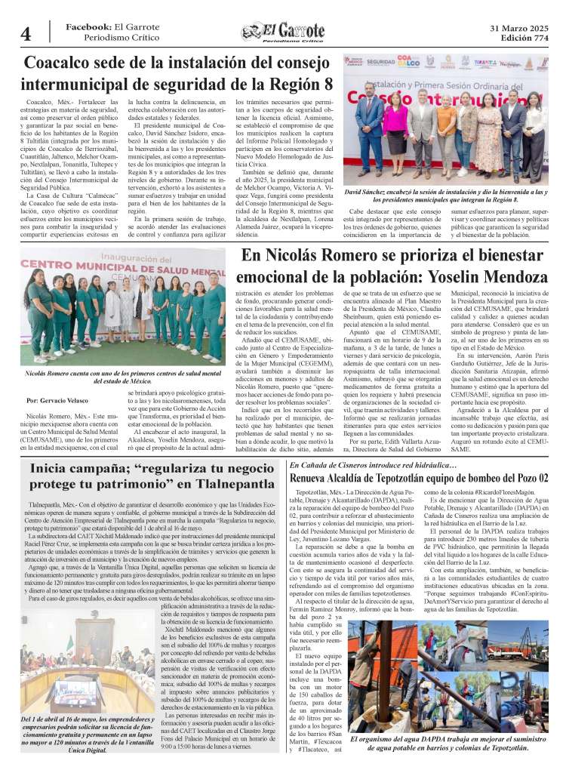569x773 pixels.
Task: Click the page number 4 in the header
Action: [26, 33]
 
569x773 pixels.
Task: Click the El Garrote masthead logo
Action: [283, 32]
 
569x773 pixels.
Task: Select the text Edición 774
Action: [518, 38]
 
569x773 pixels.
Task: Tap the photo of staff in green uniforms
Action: [124, 310]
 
